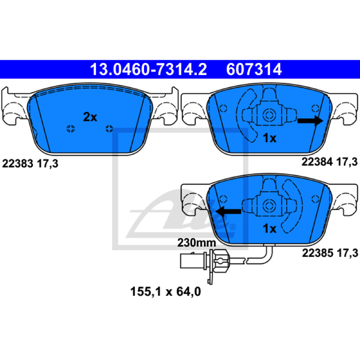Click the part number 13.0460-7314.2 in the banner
click(148, 69)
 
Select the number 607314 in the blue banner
click(254, 69)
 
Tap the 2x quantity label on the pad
click(90, 117)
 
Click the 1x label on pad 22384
click(270, 138)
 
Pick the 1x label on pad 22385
click(270, 229)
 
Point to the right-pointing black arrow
click(310, 121)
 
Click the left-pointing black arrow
click(229, 211)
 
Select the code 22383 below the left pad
click(18, 164)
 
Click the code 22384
click(317, 162)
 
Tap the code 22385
click(318, 253)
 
